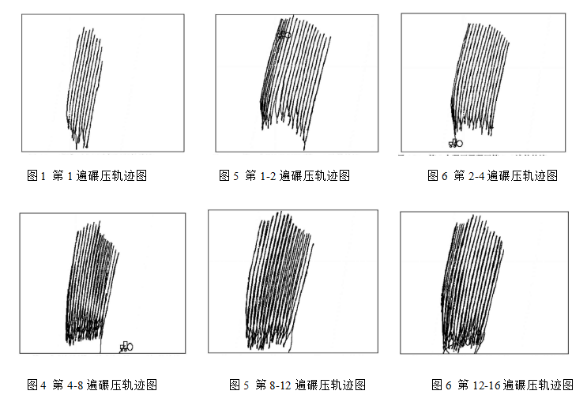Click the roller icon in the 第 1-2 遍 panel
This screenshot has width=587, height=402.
coord(284,35)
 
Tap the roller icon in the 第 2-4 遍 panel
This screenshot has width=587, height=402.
coord(456,143)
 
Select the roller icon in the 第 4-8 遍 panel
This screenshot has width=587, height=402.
coord(126,347)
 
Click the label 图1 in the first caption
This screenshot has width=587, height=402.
coord(36,175)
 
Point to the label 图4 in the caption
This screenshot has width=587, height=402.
coord(36,385)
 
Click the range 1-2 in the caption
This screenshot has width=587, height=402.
coord(268,175)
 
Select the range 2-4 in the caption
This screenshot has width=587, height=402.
coord(476,175)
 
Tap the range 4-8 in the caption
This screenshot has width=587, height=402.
coord(75,385)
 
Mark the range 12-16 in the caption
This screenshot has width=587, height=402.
coord(487,385)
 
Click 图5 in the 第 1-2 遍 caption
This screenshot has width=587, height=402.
coord(229,175)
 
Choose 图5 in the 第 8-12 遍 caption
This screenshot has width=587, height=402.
coord(239,385)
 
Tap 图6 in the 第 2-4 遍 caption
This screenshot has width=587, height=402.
coord(437,175)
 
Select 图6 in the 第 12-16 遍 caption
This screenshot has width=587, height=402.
coord(442,385)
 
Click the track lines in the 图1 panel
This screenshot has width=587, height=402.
coord(85,88)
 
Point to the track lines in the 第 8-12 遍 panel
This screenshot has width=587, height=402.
coord(279,280)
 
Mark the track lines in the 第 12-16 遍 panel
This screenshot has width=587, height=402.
coord(472,284)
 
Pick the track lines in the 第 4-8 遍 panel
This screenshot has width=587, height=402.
coord(92,283)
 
